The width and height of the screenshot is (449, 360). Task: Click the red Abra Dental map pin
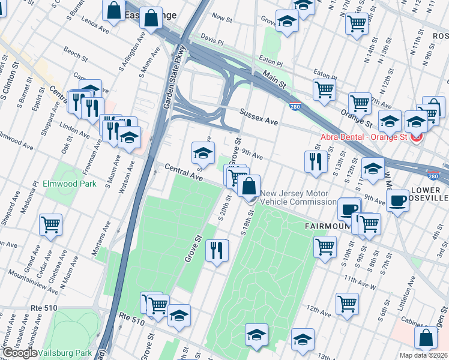416,137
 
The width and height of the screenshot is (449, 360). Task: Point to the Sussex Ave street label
258,117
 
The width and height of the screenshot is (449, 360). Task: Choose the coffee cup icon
397,201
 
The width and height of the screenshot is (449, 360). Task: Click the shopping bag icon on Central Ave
249,187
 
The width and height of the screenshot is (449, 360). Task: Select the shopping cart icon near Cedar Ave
50,225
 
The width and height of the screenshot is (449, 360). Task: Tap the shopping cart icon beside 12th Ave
347,304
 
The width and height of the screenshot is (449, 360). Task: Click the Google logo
20,353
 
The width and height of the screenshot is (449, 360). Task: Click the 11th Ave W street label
360,283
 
